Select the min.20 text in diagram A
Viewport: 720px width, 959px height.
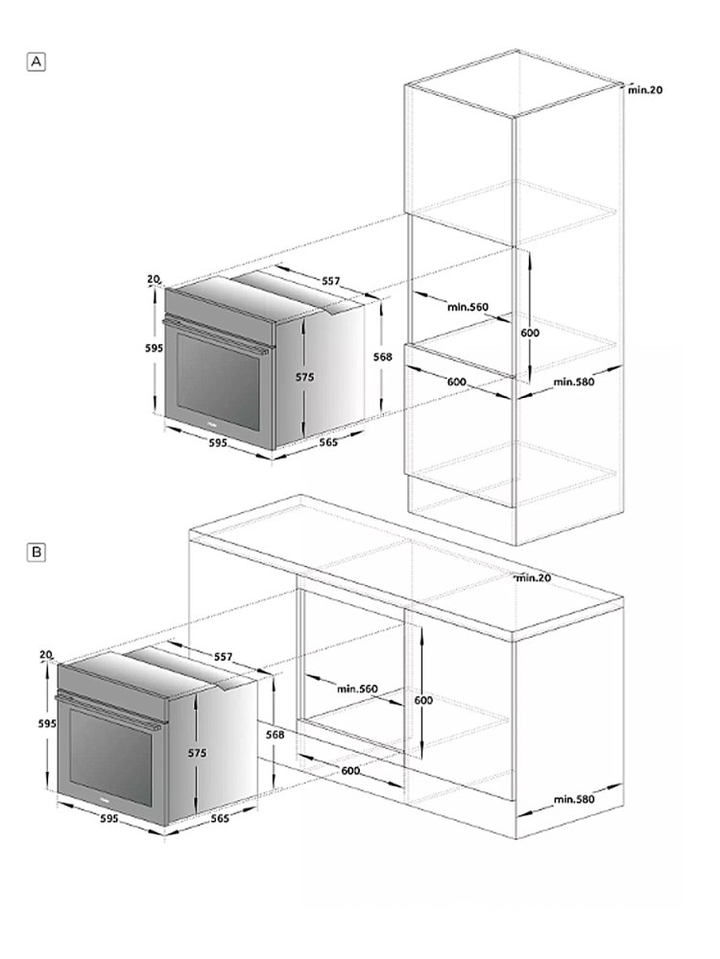coord(645,90)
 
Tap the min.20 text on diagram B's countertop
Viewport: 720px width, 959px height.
coord(533,577)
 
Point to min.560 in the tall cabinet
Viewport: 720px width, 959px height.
coord(468,307)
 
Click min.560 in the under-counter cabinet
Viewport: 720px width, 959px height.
coord(357,689)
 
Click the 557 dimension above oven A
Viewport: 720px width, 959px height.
coord(330,281)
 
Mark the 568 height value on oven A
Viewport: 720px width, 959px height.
coord(382,356)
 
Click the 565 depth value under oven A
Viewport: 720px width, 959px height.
coord(328,442)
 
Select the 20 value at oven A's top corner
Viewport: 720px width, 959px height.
coord(153,279)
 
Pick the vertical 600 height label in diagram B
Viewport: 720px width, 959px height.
coord(423,700)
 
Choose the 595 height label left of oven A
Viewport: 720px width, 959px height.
coord(140,349)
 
